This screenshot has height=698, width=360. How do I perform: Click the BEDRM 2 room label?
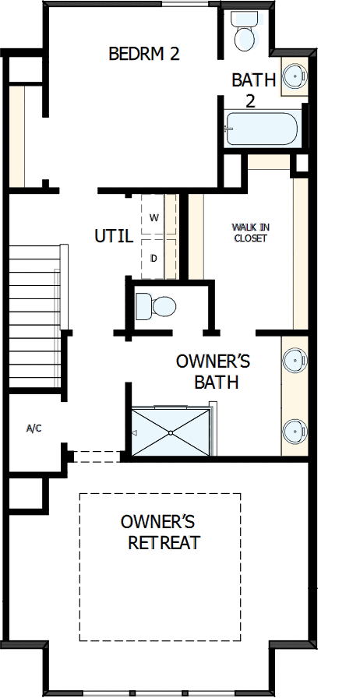pos(144,54)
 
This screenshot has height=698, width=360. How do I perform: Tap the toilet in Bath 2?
pos(245,36)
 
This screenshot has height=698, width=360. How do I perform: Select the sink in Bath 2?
pos(294,76)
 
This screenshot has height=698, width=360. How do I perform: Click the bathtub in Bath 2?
pos(261,129)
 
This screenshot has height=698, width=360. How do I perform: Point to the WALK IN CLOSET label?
pos(249,232)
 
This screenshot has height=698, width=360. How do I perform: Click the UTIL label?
pos(113,235)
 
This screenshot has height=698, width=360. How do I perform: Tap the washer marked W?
pos(154,217)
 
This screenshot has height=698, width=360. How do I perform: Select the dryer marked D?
pos(154,257)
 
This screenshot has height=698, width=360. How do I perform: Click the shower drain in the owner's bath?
pos(170,432)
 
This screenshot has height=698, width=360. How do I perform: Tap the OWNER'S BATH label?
pos(212,372)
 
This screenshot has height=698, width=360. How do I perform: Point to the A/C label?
pos(34,428)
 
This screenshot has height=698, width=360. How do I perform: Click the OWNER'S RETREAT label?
pos(161,531)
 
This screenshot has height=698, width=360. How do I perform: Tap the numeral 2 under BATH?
pos(251,100)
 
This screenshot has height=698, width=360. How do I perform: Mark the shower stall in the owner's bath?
pos(170,432)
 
